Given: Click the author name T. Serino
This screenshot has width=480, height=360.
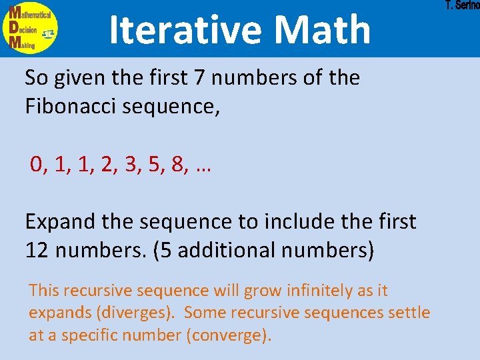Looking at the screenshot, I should coord(462,6).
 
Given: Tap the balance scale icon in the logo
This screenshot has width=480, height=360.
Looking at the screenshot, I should coord(48,32).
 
